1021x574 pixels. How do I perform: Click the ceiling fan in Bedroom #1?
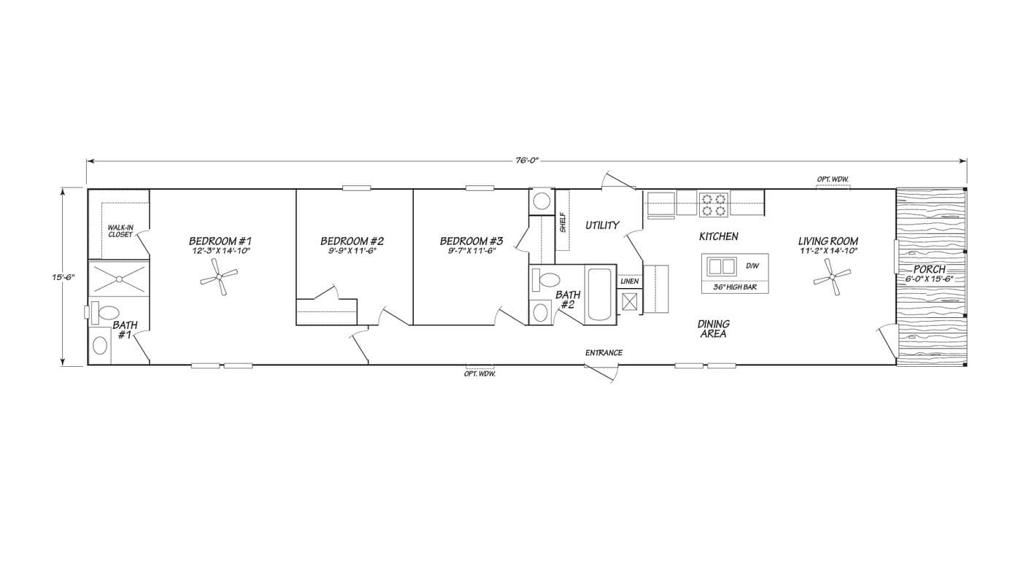click(219, 279)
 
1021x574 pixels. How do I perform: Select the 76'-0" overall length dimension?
click(526, 160)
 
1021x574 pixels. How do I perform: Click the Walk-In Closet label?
click(120, 230)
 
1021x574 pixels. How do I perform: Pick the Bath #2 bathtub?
click(600, 295)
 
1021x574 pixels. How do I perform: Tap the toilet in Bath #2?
click(547, 279)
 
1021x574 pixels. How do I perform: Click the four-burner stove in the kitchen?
click(714, 204)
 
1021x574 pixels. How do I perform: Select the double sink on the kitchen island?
click(723, 266)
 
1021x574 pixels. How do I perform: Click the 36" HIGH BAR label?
click(730, 287)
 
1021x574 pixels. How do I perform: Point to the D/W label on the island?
click(752, 266)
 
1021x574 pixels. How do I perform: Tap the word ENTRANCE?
click(604, 353)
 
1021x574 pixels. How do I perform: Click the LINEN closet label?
click(629, 282)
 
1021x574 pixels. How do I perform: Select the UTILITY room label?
click(602, 225)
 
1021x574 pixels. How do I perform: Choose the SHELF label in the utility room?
click(563, 222)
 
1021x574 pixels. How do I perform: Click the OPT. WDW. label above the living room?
click(833, 179)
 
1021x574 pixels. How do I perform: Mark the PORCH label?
click(929, 269)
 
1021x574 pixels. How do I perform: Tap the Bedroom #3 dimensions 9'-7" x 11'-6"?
click(471, 251)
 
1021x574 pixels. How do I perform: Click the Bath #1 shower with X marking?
click(118, 279)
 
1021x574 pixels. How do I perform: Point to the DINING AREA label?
click(713, 329)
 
